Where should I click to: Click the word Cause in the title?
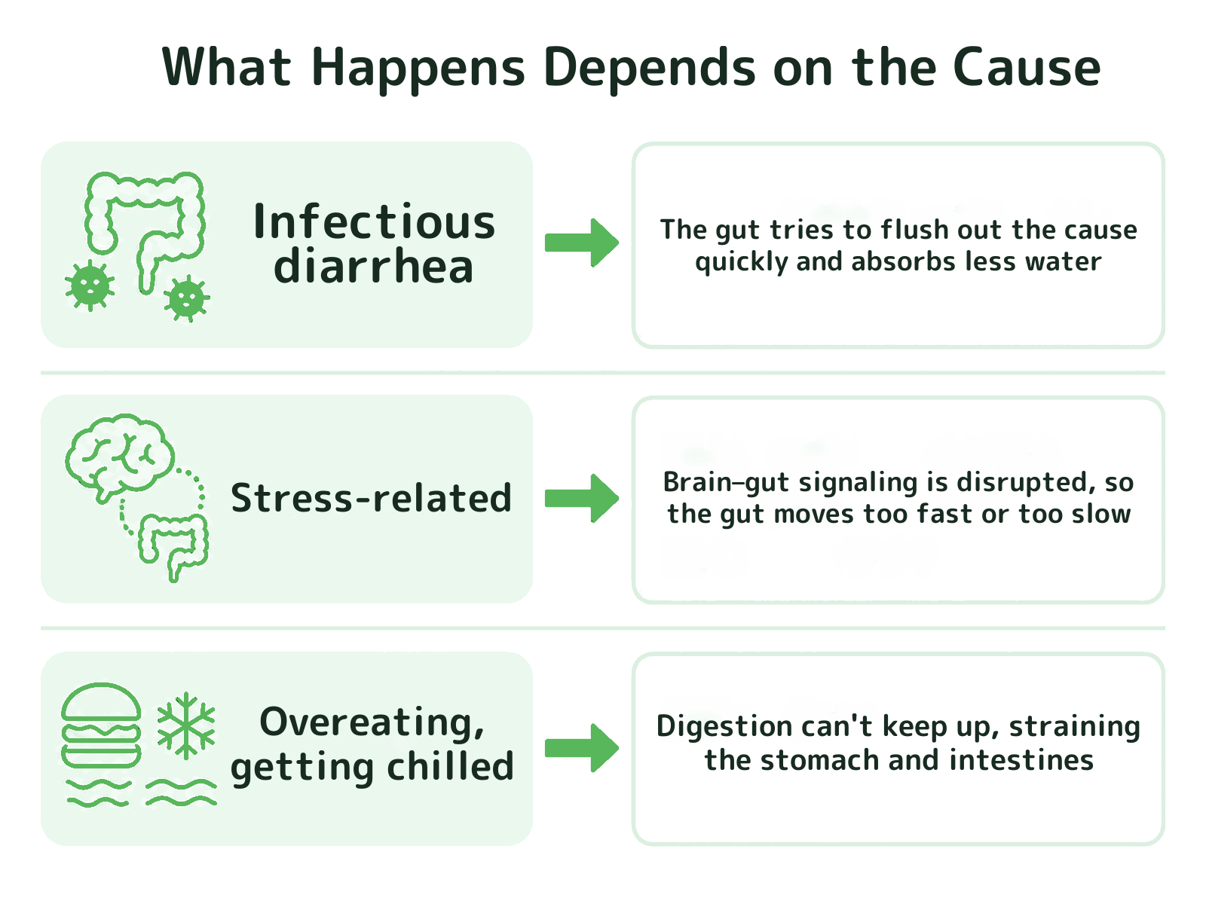coord(1027,67)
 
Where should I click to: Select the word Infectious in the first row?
coord(374,221)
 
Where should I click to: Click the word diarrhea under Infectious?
coord(373,266)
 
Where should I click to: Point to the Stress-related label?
coord(372,498)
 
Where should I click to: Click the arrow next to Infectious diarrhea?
coord(582,243)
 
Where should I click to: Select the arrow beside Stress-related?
coord(582,499)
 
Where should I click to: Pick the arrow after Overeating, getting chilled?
coord(582,748)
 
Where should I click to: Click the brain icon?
coord(119,458)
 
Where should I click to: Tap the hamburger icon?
coord(101,725)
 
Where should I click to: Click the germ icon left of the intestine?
coord(90,286)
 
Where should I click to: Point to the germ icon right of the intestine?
coord(187,298)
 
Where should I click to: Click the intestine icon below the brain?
coord(173,546)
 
